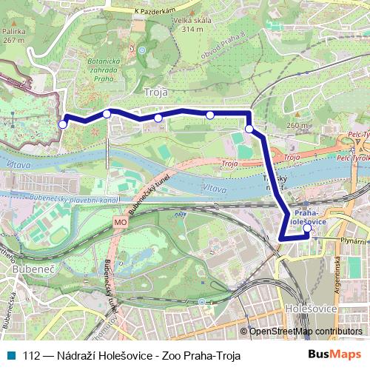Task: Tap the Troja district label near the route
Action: (x=158, y=92)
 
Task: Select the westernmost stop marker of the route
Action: (x=63, y=124)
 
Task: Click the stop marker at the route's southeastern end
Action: (x=308, y=228)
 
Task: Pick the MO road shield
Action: (x=121, y=221)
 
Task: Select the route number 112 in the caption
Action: (x=32, y=355)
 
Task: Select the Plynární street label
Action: (x=354, y=240)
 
